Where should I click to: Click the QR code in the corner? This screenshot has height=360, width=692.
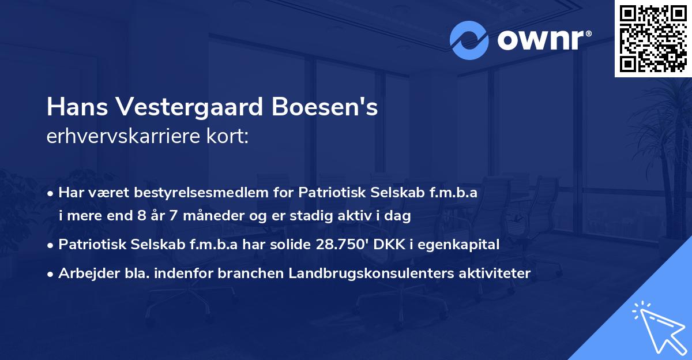point(653,38)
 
